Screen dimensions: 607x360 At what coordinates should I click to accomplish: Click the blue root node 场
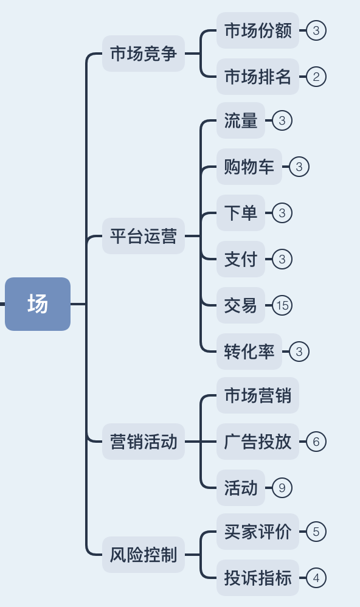tap(38, 303)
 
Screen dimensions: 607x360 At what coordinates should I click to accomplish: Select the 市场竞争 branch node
tap(143, 54)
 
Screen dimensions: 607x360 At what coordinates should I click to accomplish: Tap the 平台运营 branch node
tap(143, 235)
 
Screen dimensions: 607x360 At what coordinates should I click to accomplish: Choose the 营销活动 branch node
tap(143, 442)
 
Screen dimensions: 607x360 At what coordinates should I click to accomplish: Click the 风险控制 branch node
tap(143, 555)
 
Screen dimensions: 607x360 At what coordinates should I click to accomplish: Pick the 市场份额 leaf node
tap(258, 30)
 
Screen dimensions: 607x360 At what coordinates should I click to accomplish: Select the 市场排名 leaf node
tap(258, 77)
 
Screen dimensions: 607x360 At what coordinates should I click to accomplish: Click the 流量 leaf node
tap(241, 120)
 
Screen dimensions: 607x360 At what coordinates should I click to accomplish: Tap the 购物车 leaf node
tap(249, 167)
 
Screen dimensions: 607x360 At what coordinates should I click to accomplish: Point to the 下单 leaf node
tap(241, 213)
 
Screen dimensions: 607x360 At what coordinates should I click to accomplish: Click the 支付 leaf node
tap(241, 259)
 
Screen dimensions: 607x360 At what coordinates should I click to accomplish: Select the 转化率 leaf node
tap(249, 352)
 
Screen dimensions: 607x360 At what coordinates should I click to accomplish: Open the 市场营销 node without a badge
tap(258, 395)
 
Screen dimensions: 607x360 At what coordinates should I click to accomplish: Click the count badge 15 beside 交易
tap(282, 305)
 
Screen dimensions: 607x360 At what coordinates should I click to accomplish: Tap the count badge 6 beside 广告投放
tap(316, 442)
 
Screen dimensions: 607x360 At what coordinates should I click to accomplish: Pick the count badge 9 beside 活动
tap(282, 488)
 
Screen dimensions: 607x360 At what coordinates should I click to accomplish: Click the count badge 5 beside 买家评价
tap(316, 532)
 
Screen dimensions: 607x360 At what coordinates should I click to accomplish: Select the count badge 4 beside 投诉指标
tap(316, 578)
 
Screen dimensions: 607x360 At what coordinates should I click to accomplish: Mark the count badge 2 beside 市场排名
tap(316, 77)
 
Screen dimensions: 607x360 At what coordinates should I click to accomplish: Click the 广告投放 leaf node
tap(258, 442)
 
